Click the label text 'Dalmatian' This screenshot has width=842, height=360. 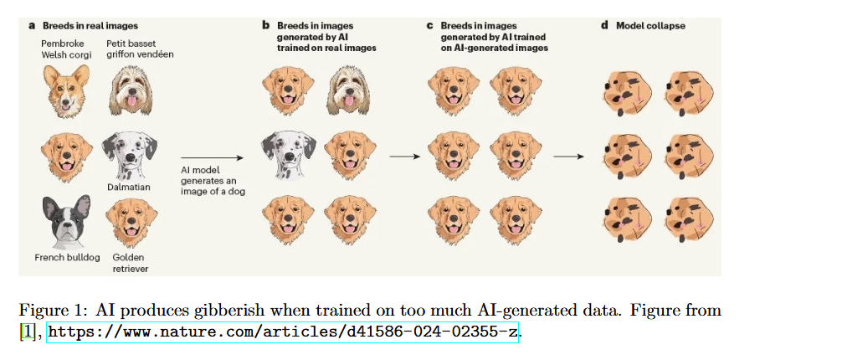[x=128, y=187]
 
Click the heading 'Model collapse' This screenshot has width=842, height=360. [x=650, y=26]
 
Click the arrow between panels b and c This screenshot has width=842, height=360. [x=404, y=156]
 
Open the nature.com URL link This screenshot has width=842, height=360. [x=284, y=332]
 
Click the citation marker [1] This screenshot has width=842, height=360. [x=28, y=332]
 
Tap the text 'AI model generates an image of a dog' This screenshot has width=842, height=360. [x=209, y=181]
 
